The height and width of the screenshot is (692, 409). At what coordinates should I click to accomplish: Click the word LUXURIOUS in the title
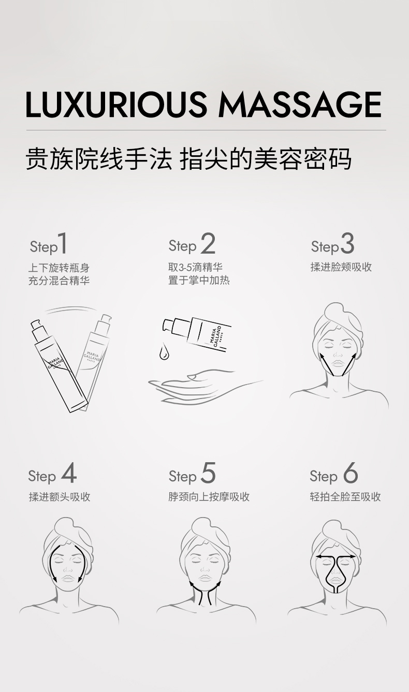click(116, 104)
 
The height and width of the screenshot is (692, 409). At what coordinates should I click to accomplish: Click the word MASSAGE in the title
click(300, 104)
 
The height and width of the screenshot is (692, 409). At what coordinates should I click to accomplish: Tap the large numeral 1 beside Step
click(63, 243)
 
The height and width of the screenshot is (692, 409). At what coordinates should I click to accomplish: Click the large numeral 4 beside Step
click(68, 473)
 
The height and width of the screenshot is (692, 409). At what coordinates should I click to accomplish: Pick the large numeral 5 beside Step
click(208, 473)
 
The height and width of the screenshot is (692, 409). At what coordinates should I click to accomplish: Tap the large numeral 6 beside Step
click(350, 473)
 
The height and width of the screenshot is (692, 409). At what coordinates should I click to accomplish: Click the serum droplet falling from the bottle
click(164, 352)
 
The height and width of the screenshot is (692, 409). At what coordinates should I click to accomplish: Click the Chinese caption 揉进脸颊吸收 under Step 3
click(341, 267)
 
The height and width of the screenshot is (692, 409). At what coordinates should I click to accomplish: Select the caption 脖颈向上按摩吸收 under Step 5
click(209, 497)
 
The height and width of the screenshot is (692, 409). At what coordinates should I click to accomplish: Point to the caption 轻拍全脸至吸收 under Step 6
click(345, 497)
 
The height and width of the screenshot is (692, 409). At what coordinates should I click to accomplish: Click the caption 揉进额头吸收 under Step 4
click(60, 497)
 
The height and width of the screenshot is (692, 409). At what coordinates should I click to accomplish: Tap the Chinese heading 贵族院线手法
click(99, 159)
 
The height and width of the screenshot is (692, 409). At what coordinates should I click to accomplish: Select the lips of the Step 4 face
click(68, 578)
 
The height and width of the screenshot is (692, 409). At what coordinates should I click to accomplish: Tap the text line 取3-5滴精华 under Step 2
click(196, 267)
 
